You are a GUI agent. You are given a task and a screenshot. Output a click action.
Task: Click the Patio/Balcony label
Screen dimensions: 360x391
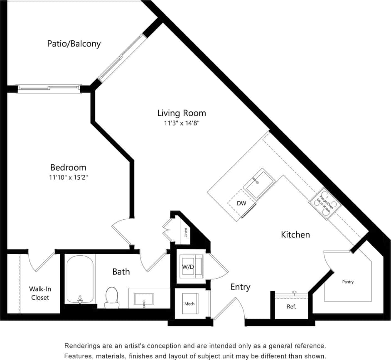tap(74, 44)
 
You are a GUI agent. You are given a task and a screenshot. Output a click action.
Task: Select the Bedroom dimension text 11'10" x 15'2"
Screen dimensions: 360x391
tap(68, 178)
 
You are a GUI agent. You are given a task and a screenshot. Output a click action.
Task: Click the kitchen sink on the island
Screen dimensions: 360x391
tap(258, 183)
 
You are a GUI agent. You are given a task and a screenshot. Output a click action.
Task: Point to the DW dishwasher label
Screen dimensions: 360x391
tap(241, 203)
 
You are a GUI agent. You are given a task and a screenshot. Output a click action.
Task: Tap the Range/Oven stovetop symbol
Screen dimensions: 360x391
tap(325, 203)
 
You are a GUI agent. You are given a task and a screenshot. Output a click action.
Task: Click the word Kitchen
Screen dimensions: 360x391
tap(295, 235)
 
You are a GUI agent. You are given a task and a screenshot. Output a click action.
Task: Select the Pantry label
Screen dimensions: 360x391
tap(348, 282)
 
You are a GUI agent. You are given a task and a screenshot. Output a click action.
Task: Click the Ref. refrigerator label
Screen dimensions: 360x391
tap(291, 307)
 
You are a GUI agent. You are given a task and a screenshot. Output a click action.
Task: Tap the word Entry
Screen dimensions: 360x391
tap(241, 287)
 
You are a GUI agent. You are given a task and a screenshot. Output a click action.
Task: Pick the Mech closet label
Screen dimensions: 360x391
tap(189, 304)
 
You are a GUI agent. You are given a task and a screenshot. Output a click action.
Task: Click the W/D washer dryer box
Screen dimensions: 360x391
tap(189, 266)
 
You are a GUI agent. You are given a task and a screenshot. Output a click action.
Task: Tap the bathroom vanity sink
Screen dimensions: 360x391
tap(143, 299)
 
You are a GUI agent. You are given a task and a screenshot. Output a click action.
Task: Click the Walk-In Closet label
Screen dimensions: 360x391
tap(39, 293)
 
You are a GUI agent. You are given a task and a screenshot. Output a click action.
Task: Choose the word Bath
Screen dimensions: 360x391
tap(121, 272)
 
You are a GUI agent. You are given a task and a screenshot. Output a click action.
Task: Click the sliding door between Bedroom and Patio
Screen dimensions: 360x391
tap(49, 88)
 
